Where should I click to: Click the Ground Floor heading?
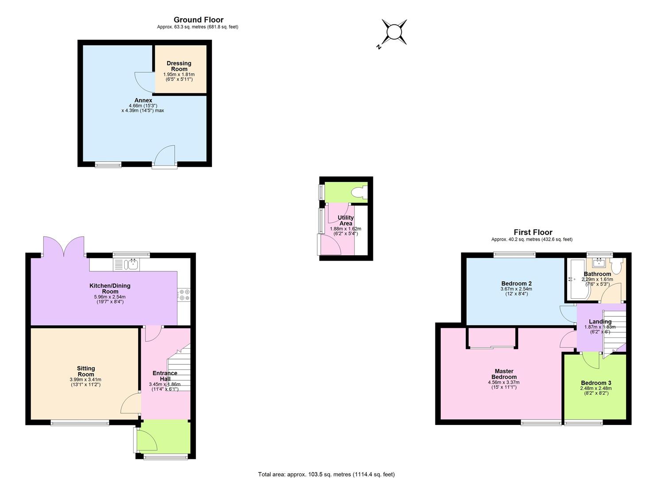point(199,19)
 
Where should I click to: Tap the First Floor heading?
point(533,232)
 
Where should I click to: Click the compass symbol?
point(393,32)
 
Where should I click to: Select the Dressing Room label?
point(179,66)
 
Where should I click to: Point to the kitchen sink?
point(132,264)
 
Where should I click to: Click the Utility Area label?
point(346,220)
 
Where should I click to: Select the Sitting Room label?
point(86,371)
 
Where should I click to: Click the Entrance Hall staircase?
point(179,367)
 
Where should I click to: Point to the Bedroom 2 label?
point(516,283)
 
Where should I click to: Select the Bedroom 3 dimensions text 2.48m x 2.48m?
point(596,388)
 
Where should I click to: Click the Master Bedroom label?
point(504,374)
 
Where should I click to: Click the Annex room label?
point(143,100)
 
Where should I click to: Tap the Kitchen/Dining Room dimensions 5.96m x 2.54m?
point(110,297)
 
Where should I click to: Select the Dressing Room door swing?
point(144,82)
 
